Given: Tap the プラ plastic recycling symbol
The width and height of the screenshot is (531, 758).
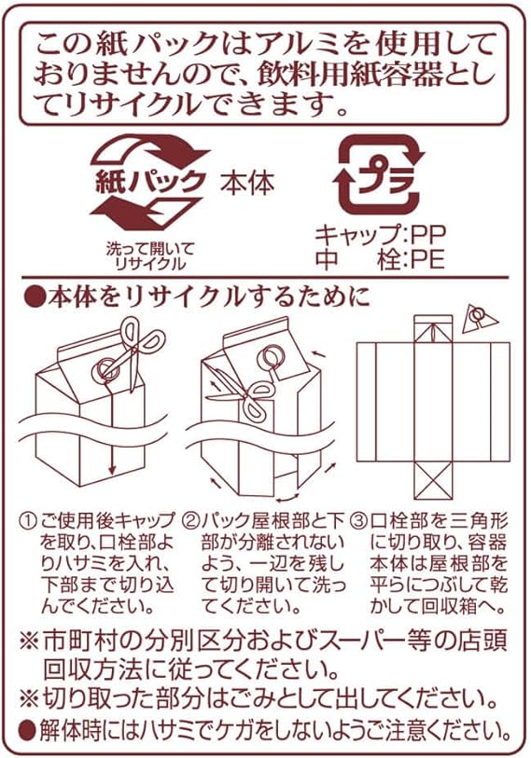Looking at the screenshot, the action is [x=378, y=174].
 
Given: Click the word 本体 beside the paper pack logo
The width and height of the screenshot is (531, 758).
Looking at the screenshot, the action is [x=247, y=184].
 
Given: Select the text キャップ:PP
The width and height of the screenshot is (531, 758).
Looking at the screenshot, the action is [x=380, y=236].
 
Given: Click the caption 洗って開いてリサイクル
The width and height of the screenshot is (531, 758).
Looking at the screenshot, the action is [x=150, y=256].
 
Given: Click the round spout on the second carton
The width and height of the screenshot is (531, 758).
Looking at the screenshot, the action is [x=271, y=359].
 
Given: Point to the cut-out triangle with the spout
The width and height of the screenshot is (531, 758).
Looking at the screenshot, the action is [x=480, y=319].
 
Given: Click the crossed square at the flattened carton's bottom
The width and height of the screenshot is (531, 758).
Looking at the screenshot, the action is [x=433, y=480].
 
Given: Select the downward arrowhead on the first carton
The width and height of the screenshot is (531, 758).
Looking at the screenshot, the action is [x=112, y=469].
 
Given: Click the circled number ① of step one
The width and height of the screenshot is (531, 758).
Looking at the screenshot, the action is [x=28, y=522].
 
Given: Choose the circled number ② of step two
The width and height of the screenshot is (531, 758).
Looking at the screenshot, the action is [x=191, y=522].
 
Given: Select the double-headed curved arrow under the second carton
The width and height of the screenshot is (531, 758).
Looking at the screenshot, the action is [x=287, y=498].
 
